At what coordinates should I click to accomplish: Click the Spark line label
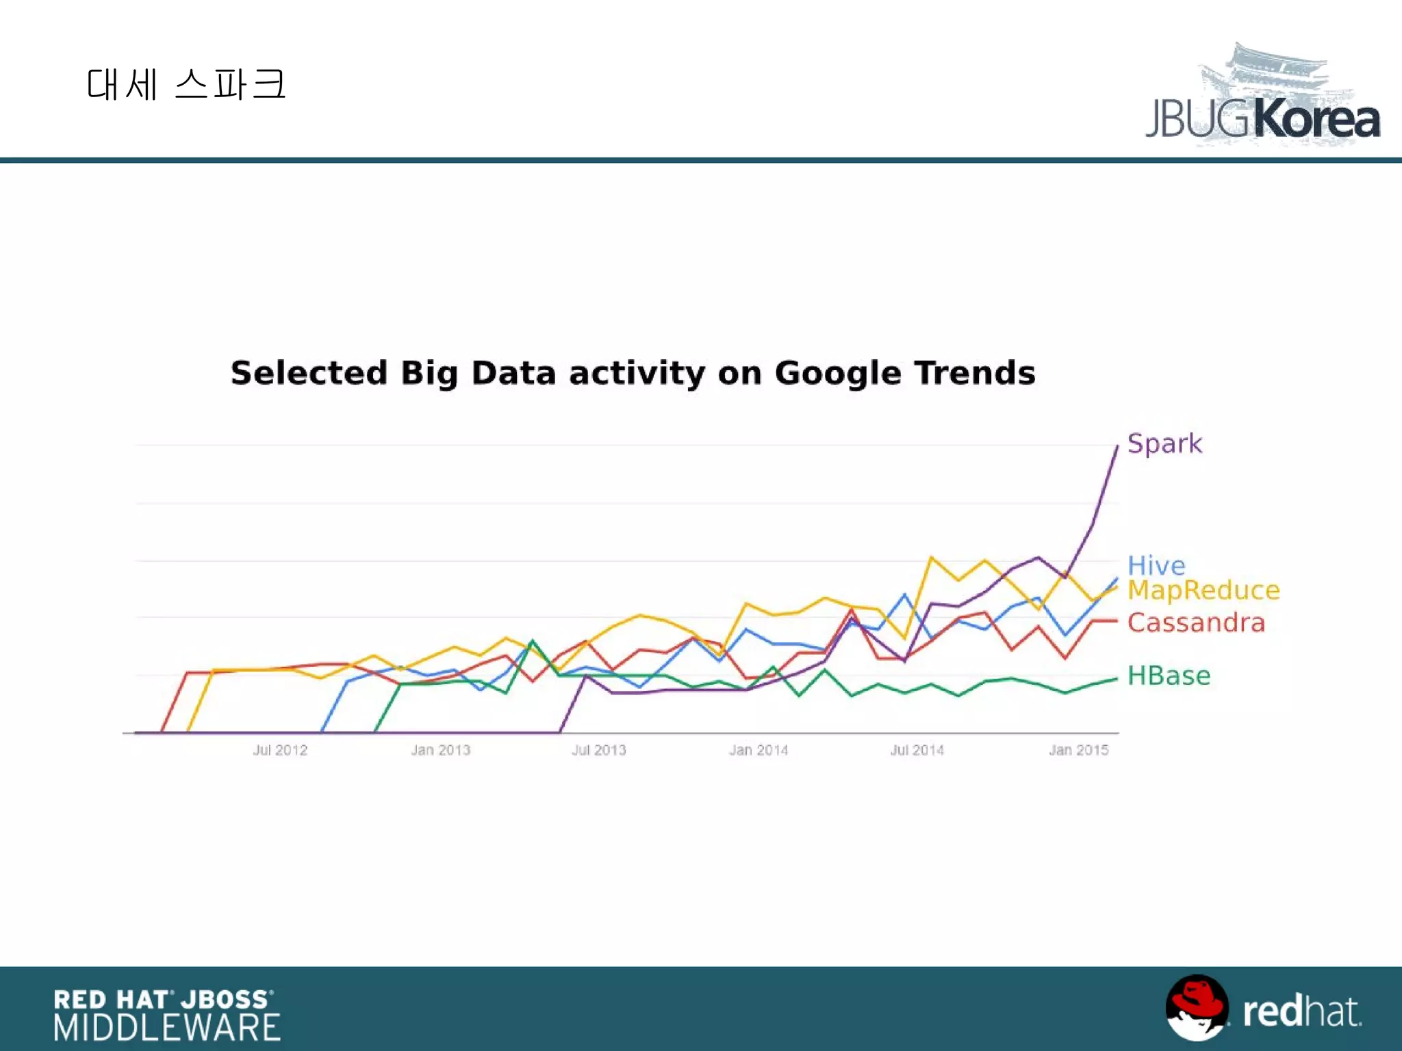pyautogui.click(x=1164, y=444)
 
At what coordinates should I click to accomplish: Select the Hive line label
pyautogui.click(x=1156, y=565)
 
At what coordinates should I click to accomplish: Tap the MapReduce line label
pyautogui.click(x=1203, y=590)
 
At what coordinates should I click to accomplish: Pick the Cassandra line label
pyautogui.click(x=1195, y=623)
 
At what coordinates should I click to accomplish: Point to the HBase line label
pyautogui.click(x=1169, y=676)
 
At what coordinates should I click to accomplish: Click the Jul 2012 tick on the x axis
pyautogui.click(x=280, y=750)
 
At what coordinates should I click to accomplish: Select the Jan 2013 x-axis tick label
pyautogui.click(x=440, y=750)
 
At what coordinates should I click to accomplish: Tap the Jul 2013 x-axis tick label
pyautogui.click(x=599, y=750)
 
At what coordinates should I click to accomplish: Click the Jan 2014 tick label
pyautogui.click(x=759, y=750)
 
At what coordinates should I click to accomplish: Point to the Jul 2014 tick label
pyautogui.click(x=917, y=750)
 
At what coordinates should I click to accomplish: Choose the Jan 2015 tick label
pyautogui.click(x=1078, y=750)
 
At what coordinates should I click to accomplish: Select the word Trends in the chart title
pyautogui.click(x=975, y=373)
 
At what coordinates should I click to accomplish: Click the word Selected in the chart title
pyautogui.click(x=309, y=373)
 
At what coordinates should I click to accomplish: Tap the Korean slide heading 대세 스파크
pyautogui.click(x=186, y=85)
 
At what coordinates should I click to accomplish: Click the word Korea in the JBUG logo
pyautogui.click(x=1316, y=120)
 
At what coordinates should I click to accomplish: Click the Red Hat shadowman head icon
pyautogui.click(x=1197, y=1007)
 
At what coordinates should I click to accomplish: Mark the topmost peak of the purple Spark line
pyautogui.click(x=1117, y=446)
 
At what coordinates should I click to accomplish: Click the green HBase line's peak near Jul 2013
pyautogui.click(x=533, y=641)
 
